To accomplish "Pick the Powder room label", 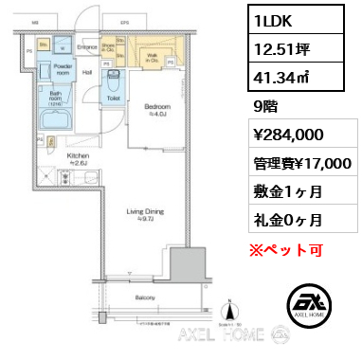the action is tap(63, 70).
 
